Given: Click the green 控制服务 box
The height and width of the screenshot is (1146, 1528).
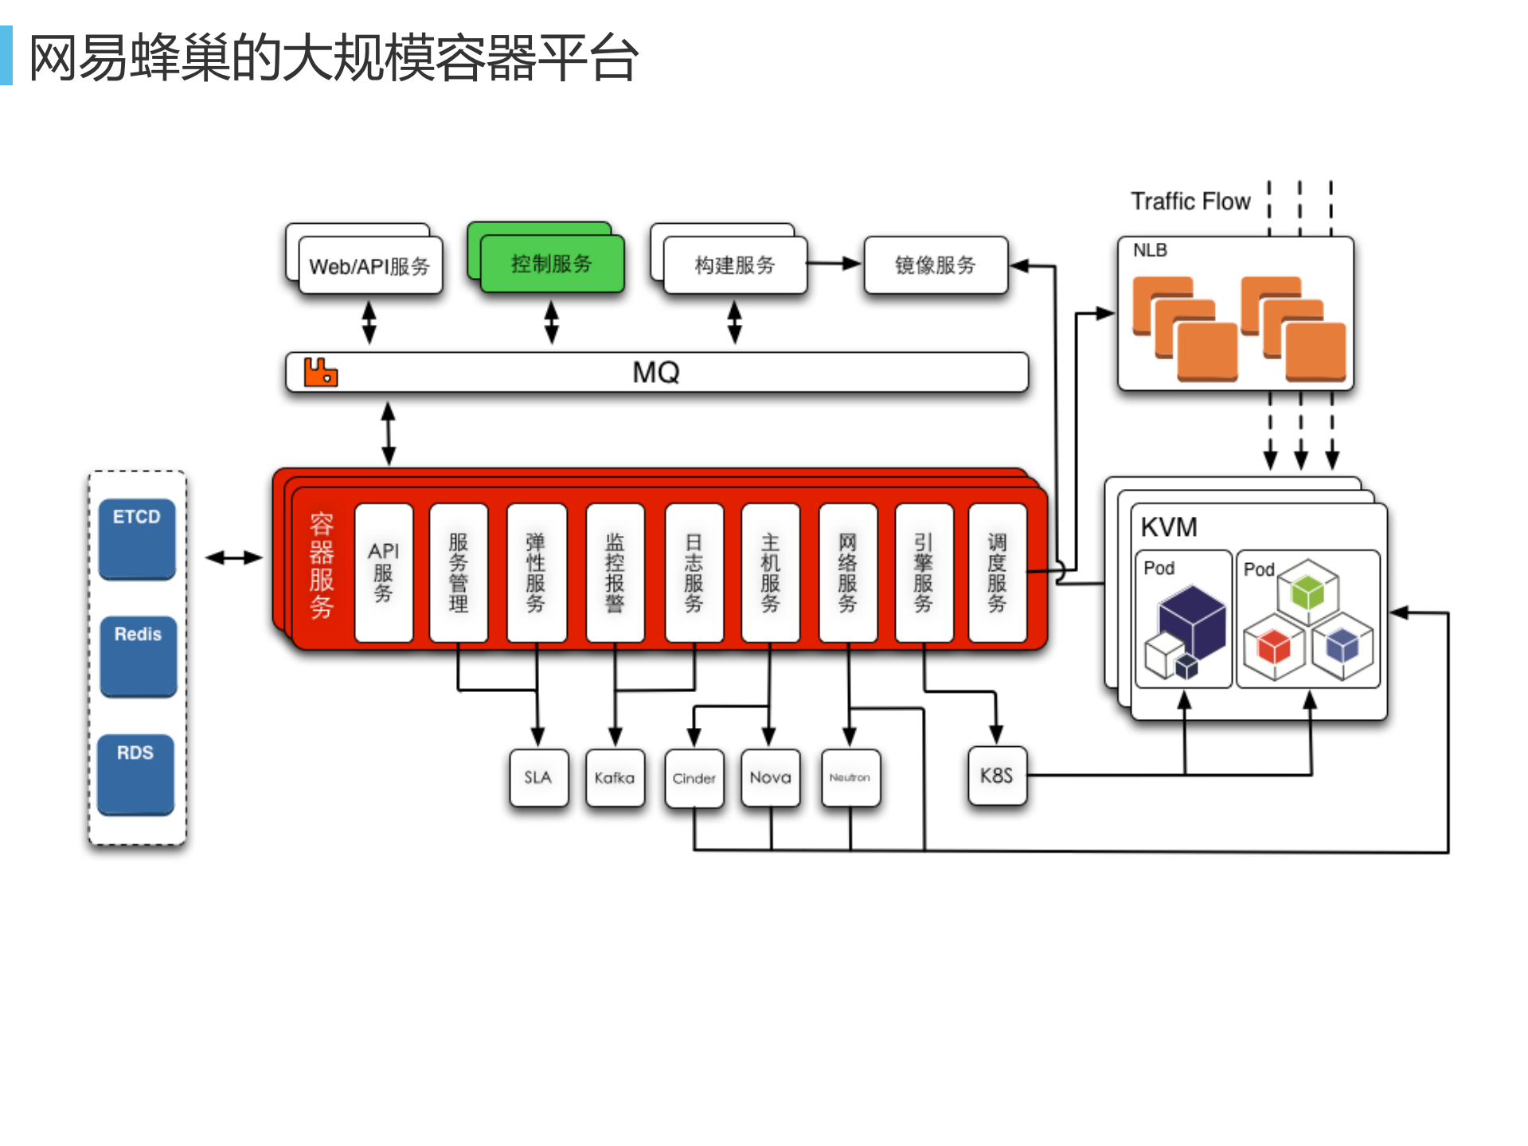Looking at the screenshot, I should [x=552, y=264].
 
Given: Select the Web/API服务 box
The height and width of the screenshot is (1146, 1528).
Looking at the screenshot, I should [x=370, y=266].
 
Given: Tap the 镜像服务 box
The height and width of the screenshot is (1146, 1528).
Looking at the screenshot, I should [x=936, y=265].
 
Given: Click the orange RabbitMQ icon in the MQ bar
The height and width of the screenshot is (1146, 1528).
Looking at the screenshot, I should [x=321, y=372].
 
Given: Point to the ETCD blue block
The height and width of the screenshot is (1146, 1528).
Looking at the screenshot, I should [x=137, y=538].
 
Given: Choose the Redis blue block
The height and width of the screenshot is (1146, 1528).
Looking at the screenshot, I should [x=138, y=655].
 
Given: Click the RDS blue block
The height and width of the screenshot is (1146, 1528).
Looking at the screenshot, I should [x=135, y=772].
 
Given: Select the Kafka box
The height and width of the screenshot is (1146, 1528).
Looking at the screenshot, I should [x=615, y=777].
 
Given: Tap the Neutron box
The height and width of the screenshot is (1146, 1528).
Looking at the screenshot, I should [x=850, y=777].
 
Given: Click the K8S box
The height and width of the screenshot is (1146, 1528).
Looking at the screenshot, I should [x=996, y=776].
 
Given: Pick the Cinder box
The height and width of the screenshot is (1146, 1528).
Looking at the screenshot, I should [x=694, y=778].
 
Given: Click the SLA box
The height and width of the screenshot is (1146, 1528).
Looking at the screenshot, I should [x=538, y=777].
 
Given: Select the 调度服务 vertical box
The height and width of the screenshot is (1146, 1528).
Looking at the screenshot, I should [x=997, y=573].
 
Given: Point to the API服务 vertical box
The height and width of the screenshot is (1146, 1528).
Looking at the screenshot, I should [x=384, y=573].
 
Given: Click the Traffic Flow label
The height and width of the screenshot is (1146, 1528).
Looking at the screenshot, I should [x=1190, y=201].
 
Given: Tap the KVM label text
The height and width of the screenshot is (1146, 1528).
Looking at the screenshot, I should [x=1169, y=527].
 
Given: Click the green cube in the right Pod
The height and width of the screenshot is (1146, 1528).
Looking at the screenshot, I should [x=1307, y=592].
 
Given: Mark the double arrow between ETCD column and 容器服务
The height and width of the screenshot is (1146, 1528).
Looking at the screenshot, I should [x=233, y=557].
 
